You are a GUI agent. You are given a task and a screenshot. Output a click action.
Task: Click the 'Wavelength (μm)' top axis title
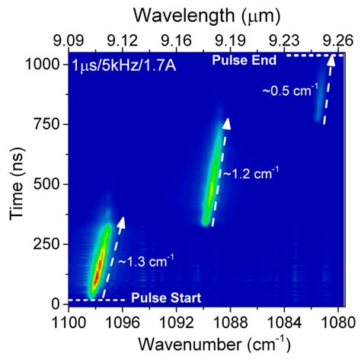click(x=206, y=14)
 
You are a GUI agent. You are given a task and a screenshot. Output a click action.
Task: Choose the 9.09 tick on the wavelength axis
click(x=69, y=37)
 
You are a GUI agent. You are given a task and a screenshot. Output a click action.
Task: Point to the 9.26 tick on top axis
click(x=336, y=37)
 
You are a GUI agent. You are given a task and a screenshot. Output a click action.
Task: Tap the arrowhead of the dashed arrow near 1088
click(x=226, y=123)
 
